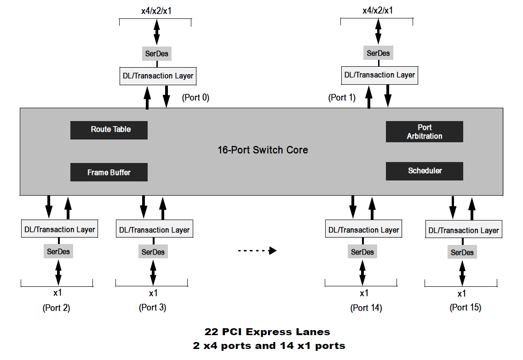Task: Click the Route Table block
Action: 109,130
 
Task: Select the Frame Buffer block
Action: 109,172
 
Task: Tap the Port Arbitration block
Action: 424,132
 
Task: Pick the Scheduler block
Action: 424,171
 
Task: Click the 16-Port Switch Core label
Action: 263,150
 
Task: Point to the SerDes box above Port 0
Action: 157,53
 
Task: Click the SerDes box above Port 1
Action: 378,53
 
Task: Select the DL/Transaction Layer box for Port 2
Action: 60,229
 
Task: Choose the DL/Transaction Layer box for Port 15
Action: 464,230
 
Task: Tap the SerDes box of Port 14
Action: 362,252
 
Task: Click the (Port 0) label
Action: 195,98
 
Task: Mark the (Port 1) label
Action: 342,98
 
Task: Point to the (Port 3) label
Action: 152,308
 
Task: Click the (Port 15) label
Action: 466,308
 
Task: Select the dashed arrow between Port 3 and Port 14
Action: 258,250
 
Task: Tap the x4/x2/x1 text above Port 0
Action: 156,11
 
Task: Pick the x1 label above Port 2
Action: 57,293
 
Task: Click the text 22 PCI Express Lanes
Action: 267,332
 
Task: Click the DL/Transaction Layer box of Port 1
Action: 379,75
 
